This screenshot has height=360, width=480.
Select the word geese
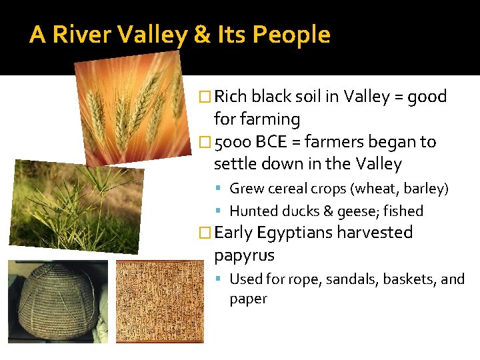click(x=353, y=211)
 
